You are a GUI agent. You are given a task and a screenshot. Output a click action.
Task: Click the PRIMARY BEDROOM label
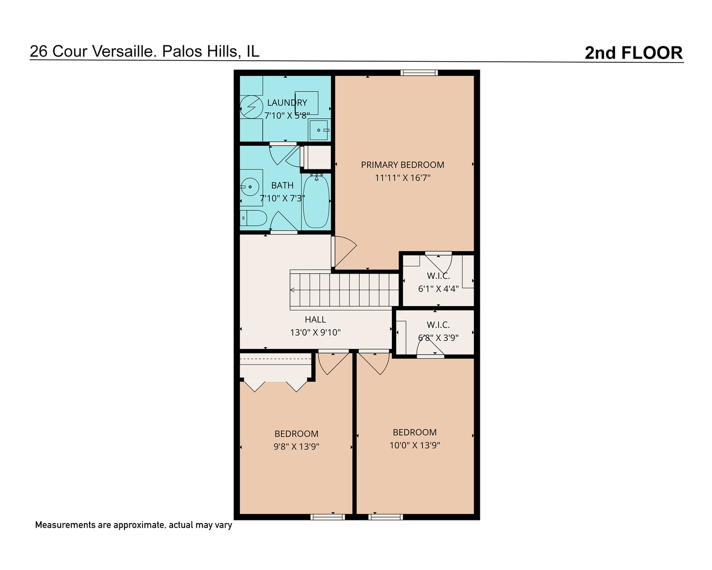coord(402,165)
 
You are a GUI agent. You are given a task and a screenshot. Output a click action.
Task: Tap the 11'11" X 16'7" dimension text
coord(402,178)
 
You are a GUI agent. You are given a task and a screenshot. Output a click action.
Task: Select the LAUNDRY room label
coord(287,102)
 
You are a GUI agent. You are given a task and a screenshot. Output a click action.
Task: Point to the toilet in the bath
coord(254,217)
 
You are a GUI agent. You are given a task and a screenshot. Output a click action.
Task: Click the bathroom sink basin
coord(249,186)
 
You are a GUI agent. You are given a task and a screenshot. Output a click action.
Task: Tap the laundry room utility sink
coord(319,130)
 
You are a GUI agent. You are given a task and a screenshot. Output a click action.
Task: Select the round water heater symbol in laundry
coord(252,107)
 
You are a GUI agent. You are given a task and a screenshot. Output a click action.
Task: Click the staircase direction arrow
coord(293,290)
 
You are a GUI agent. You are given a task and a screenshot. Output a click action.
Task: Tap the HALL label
coord(315,319)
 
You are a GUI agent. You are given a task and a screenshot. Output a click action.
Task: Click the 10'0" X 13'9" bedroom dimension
coord(415,445)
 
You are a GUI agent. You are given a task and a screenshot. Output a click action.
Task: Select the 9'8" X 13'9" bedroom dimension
coord(296,446)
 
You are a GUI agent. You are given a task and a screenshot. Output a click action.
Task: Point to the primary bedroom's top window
coord(419,73)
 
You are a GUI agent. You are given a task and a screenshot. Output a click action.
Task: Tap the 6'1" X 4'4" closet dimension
coord(438,289)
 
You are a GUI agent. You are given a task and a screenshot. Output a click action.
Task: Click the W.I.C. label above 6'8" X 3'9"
coord(438,325)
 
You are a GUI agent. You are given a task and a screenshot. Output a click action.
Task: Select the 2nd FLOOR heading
coord(633,53)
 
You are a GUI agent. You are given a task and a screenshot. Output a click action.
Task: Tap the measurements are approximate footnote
coord(133,525)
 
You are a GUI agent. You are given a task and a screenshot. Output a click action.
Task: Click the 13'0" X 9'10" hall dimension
coord(315,332)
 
